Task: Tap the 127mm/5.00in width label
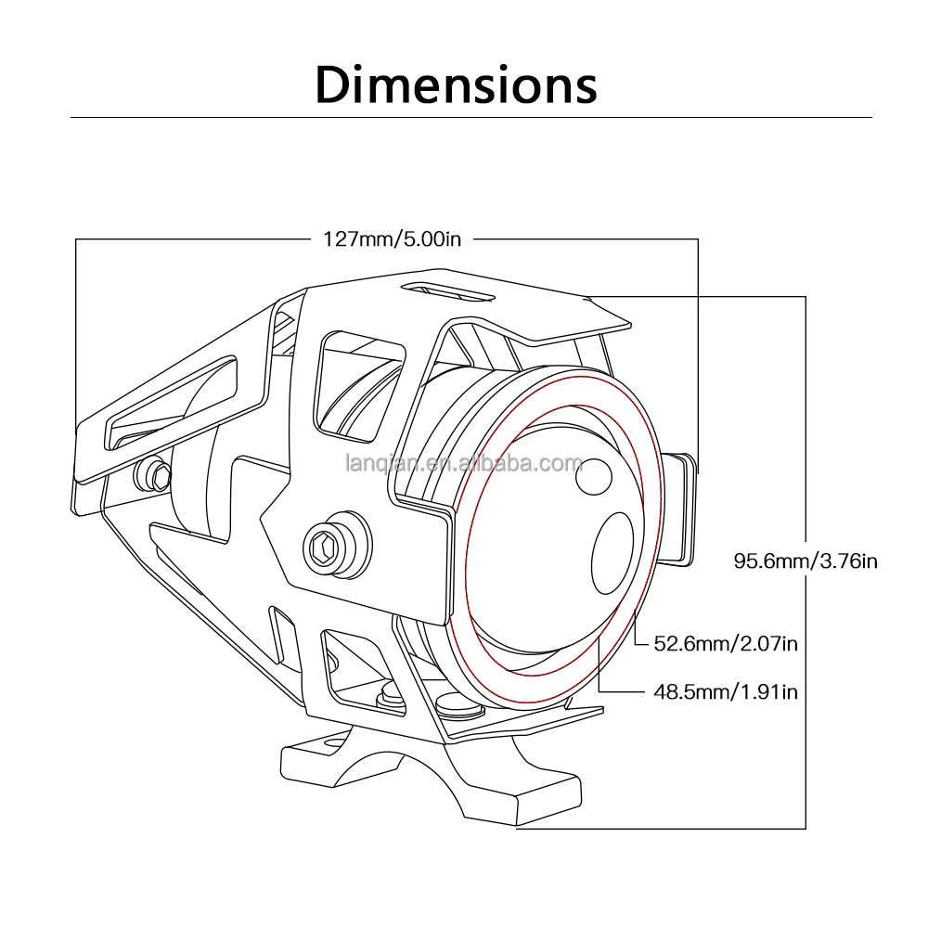(x=392, y=238)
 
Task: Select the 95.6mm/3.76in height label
(x=806, y=561)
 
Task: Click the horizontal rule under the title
(x=471, y=118)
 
